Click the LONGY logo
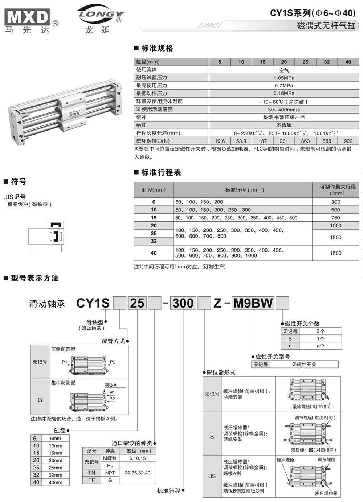click(x=101, y=15)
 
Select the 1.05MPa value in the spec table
click(x=284, y=78)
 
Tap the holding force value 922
click(x=348, y=141)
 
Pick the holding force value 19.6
click(x=220, y=141)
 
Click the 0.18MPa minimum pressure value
click(x=284, y=93)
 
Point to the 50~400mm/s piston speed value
click(x=284, y=110)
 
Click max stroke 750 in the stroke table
click(x=335, y=218)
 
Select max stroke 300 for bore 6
click(x=335, y=202)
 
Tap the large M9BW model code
click(x=253, y=303)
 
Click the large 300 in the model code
click(x=183, y=303)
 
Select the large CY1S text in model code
click(x=93, y=303)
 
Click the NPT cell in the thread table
click(x=110, y=473)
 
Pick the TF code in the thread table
click(x=91, y=480)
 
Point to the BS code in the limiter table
click(x=212, y=476)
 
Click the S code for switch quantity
click(x=290, y=338)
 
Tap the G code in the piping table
click(x=40, y=400)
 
